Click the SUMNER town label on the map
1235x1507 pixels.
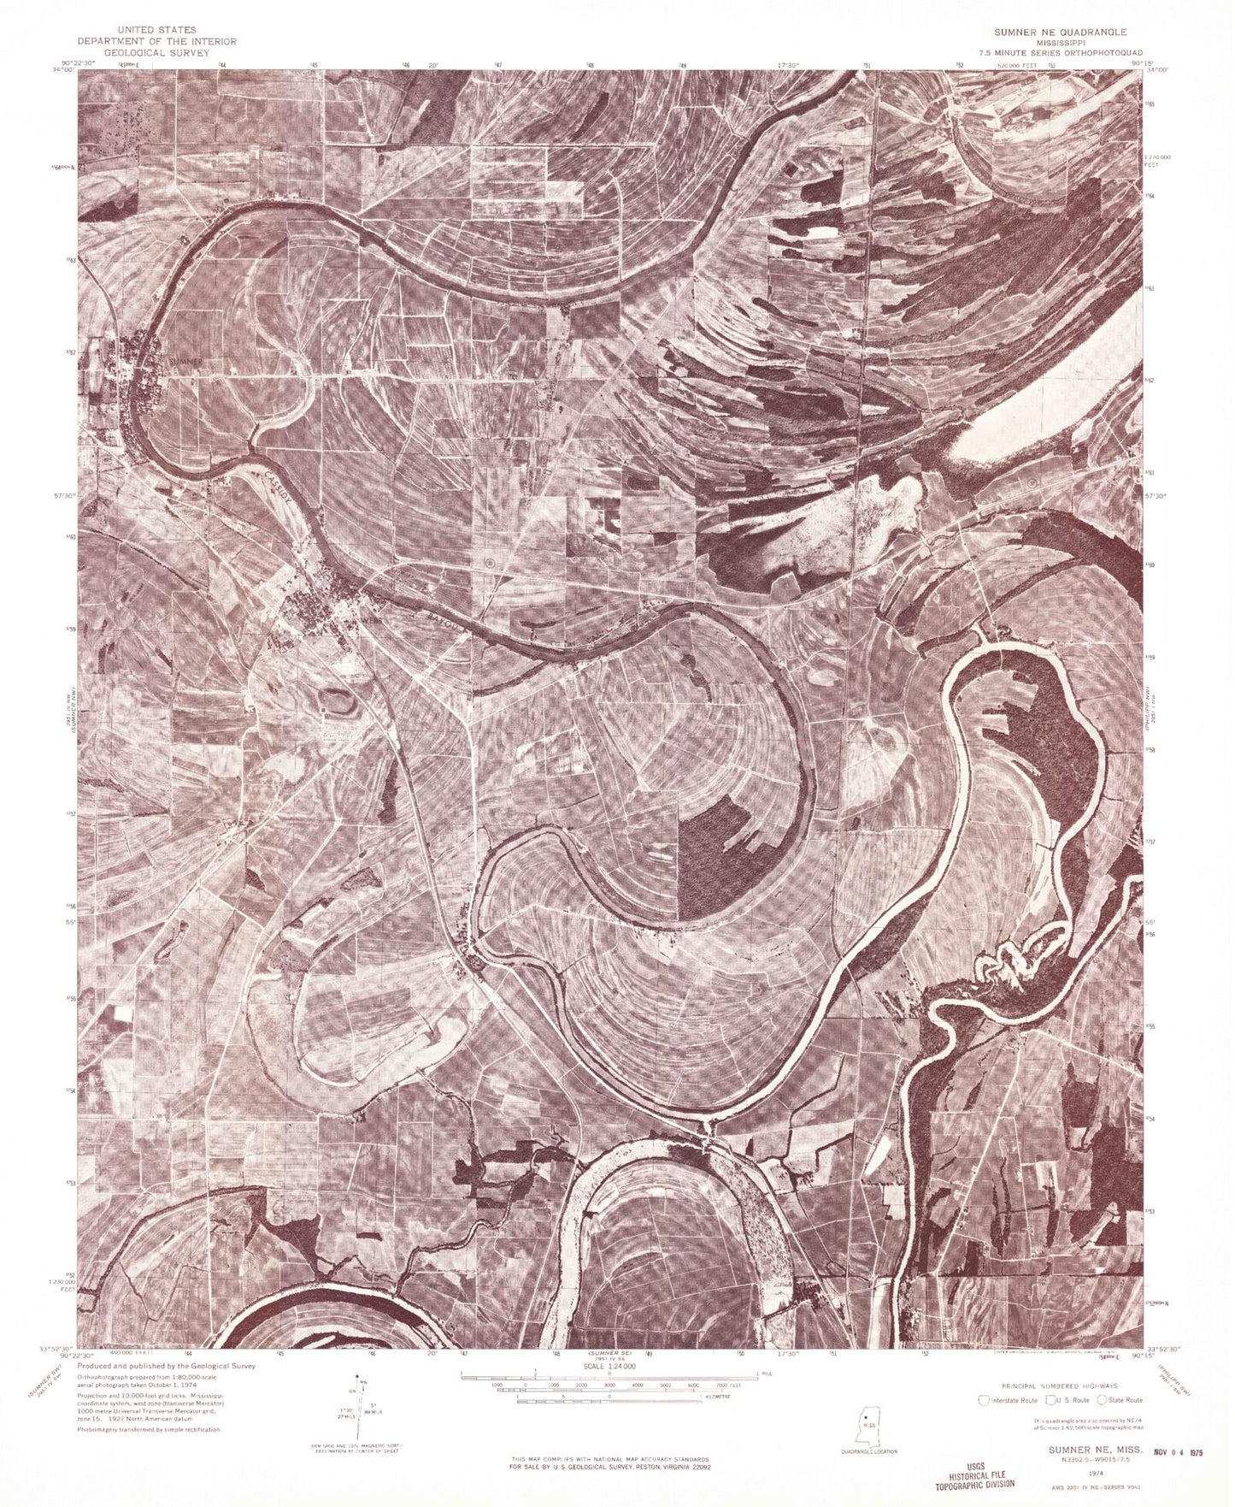pyautogui.click(x=186, y=362)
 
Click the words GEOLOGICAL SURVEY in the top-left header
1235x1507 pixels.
pyautogui.click(x=156, y=51)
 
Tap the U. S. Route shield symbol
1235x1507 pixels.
pyautogui.click(x=1040, y=1400)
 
